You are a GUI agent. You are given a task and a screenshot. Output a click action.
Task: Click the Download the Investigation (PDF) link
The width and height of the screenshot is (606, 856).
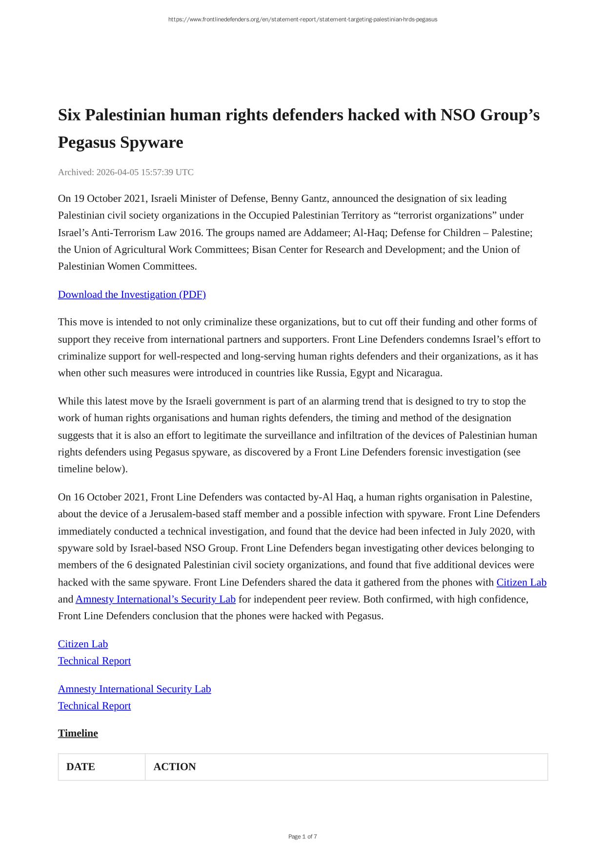pos(132,294)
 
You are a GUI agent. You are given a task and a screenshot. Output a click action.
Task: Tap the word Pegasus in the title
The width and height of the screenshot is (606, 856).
pos(87,142)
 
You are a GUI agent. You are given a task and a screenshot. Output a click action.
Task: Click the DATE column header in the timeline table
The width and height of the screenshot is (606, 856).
pos(81,767)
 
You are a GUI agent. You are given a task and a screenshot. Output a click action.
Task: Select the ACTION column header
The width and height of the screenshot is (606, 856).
pos(175,767)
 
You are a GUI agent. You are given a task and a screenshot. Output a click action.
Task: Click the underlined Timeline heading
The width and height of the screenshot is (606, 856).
pos(78,733)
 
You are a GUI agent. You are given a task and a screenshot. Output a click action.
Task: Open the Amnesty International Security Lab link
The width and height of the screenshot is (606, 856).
pos(134,689)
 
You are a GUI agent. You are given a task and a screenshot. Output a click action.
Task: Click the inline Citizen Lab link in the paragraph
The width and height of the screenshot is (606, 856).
pos(521,582)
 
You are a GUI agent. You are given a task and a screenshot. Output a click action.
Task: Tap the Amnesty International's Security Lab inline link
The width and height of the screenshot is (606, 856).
pos(155,599)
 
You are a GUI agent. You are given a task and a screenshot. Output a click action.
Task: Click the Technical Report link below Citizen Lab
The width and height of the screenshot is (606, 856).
pos(94,661)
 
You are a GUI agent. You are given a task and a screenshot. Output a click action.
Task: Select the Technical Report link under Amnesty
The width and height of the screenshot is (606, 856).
pos(94,706)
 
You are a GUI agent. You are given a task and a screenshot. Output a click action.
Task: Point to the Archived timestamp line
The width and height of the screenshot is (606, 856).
pos(125,172)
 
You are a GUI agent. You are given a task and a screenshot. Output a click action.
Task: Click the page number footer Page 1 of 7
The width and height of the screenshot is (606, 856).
pos(303,837)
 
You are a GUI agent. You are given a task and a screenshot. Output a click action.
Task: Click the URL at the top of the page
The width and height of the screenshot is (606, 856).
pos(303,19)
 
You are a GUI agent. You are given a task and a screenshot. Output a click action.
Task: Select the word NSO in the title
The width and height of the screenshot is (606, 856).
pos(458,115)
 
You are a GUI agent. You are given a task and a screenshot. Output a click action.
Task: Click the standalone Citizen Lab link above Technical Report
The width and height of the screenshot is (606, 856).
pos(83,644)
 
